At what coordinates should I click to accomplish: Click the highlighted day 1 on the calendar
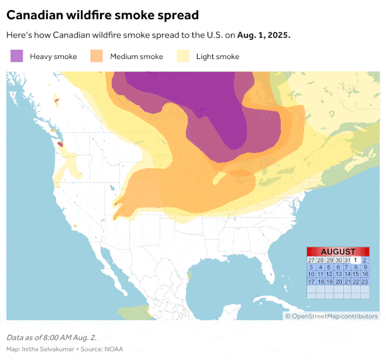(356, 260)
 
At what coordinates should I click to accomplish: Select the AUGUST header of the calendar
(338, 251)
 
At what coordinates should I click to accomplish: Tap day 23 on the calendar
(365, 282)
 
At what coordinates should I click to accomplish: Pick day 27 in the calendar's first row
(311, 260)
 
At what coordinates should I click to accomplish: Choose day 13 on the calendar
(338, 274)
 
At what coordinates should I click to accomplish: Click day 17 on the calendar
(311, 282)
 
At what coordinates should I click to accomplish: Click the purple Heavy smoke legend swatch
(17, 56)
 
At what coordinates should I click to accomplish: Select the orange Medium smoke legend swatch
(96, 56)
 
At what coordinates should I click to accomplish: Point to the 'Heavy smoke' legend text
(53, 57)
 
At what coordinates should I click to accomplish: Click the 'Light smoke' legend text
(218, 57)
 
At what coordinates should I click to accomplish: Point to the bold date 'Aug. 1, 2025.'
(264, 35)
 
